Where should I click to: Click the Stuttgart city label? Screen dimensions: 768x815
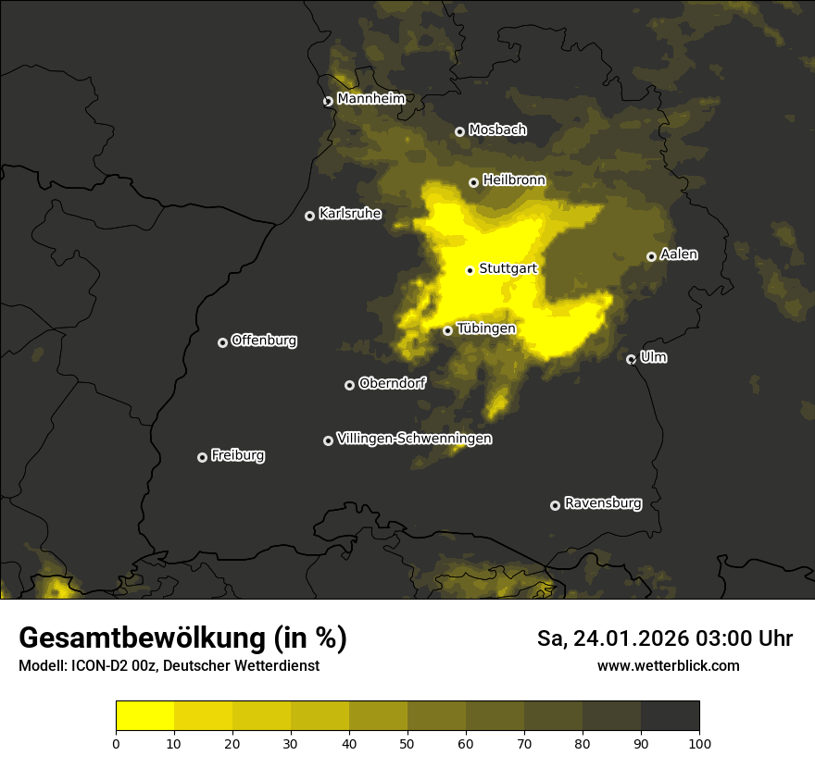tap(508, 268)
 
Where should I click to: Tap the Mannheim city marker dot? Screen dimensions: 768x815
tap(328, 102)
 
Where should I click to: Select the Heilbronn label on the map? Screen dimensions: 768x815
tap(514, 180)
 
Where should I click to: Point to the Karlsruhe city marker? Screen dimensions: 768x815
tap(310, 216)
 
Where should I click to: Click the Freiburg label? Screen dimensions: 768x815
tap(237, 455)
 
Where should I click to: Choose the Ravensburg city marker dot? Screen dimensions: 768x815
tap(556, 505)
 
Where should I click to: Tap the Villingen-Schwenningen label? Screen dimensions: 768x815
tap(414, 439)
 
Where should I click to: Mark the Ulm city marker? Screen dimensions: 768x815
tap(632, 359)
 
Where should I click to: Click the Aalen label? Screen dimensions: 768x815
tap(679, 254)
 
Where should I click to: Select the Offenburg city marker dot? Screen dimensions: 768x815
tap(222, 342)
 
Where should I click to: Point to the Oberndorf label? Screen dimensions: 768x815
tap(393, 383)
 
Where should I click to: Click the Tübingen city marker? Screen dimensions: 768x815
tap(448, 330)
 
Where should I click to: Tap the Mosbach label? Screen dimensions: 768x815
tap(497, 130)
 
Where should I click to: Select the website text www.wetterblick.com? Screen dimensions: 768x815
tap(669, 665)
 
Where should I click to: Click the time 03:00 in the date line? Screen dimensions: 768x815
tap(707, 638)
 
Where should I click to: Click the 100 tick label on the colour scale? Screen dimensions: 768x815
tap(699, 742)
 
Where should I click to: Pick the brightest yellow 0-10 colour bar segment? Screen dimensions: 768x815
tap(145, 716)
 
